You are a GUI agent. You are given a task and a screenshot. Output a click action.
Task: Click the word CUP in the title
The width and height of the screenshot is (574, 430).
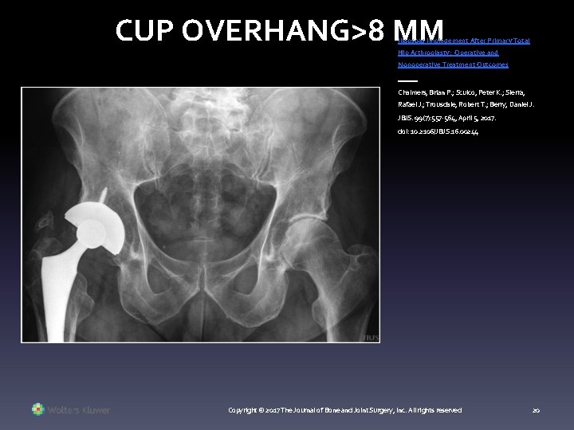pyautogui.click(x=144, y=29)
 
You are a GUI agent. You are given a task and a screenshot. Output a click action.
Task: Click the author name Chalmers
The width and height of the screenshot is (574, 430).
pyautogui.click(x=416, y=92)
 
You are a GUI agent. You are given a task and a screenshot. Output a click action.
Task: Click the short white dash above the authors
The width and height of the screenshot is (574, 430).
pyautogui.click(x=407, y=79)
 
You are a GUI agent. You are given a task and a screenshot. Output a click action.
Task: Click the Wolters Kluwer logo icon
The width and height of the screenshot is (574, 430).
pyautogui.click(x=38, y=410)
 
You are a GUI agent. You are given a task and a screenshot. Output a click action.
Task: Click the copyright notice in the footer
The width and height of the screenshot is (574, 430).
pyautogui.click(x=344, y=410)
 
